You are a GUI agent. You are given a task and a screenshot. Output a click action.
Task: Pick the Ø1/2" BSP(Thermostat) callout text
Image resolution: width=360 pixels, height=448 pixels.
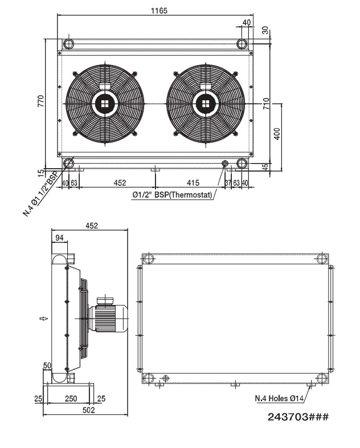172,195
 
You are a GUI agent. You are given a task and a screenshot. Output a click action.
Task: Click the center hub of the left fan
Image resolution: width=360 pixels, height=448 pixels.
104,103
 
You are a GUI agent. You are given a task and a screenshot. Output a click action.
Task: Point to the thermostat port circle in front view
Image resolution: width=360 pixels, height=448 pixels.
225,164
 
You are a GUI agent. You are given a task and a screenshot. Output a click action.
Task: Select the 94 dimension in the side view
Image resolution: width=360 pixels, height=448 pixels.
58,237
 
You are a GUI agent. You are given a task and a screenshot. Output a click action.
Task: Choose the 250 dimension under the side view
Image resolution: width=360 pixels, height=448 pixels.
71,398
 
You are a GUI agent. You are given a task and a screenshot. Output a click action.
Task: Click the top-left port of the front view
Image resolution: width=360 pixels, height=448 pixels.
68,44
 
